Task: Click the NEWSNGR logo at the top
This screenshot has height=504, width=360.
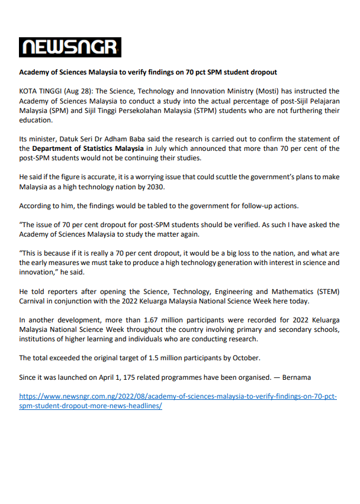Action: (70, 47)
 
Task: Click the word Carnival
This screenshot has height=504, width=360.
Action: (34, 301)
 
